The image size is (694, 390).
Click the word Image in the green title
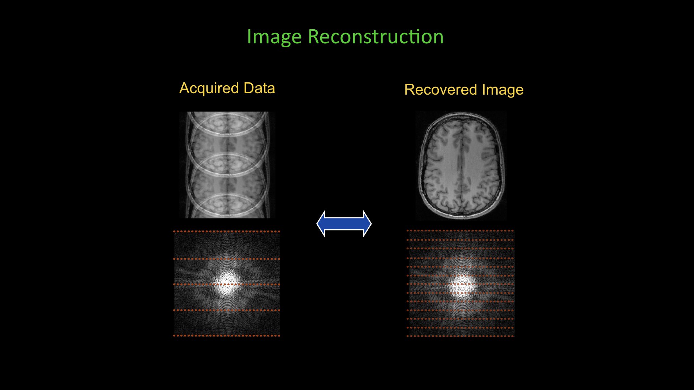[274, 37]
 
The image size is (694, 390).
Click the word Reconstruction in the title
[376, 37]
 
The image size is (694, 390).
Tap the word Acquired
[209, 88]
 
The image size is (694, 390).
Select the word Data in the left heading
[259, 88]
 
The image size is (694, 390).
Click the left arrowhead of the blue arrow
[321, 224]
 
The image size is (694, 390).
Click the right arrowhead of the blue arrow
[367, 224]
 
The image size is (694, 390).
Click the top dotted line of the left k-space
[227, 231]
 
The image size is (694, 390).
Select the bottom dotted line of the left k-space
[227, 335]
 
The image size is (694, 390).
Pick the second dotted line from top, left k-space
[227, 259]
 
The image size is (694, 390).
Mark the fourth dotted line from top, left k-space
[227, 310]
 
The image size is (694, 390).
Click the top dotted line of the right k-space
[460, 230]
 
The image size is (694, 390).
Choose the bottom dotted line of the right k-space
[460, 336]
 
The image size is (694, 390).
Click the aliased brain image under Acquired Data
[227, 165]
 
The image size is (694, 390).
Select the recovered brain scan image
[461, 165]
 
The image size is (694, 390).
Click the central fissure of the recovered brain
[460, 162]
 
